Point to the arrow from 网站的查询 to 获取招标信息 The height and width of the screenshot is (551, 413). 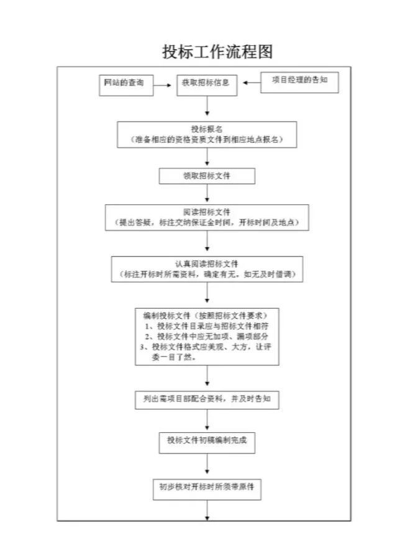(x=163, y=85)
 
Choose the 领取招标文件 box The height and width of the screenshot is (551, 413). (x=207, y=176)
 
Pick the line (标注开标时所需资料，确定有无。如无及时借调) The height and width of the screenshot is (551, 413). (x=207, y=274)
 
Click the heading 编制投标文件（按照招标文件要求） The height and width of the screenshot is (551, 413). (x=207, y=314)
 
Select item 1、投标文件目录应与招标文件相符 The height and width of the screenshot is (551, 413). (x=207, y=326)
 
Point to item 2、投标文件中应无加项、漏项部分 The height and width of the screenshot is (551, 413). (x=207, y=336)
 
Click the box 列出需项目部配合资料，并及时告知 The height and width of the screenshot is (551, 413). (x=207, y=399)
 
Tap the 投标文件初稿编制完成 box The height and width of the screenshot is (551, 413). (x=207, y=440)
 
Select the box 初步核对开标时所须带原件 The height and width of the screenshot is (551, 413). (x=207, y=488)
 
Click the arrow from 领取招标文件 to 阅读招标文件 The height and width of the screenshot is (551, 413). (x=207, y=194)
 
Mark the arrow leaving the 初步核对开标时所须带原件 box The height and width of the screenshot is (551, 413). (x=207, y=511)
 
